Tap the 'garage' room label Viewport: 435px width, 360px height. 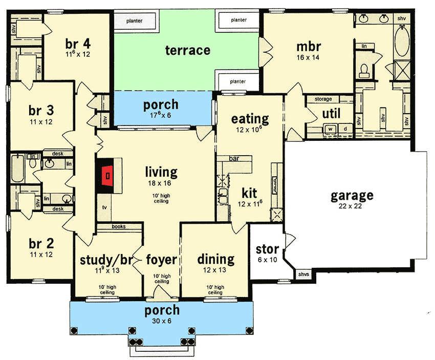pyautogui.click(x=352, y=195)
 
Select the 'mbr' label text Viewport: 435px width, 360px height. pyautogui.click(x=308, y=47)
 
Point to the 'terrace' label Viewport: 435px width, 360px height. pyautogui.click(x=188, y=50)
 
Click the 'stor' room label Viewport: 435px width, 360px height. pyautogui.click(x=267, y=249)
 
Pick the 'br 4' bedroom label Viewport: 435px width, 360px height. pyautogui.click(x=77, y=43)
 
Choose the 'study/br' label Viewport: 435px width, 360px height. pyautogui.click(x=106, y=259)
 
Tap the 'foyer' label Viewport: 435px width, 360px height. pyautogui.click(x=162, y=259)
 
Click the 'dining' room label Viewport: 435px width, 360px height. pyautogui.click(x=215, y=259)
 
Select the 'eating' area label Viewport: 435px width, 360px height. pyautogui.click(x=250, y=119)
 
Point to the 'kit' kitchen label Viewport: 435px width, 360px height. pyautogui.click(x=249, y=193)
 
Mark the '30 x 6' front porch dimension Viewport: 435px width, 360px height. pyautogui.click(x=162, y=322)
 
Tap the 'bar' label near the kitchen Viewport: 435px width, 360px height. pyautogui.click(x=234, y=158)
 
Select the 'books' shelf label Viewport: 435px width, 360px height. pyautogui.click(x=118, y=226)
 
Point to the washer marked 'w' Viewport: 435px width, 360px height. pyautogui.click(x=331, y=129)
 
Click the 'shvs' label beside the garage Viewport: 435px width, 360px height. pyautogui.click(x=303, y=275)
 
